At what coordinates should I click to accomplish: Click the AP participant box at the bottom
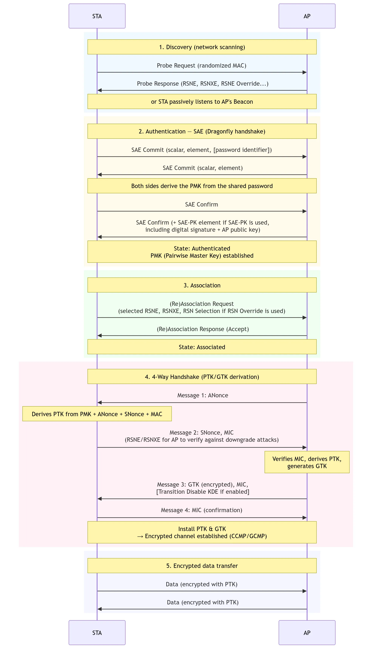tap(307, 633)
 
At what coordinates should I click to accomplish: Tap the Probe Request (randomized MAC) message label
tap(202, 66)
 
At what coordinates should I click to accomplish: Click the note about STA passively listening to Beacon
tap(202, 101)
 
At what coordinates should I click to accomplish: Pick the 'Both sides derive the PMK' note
tap(202, 186)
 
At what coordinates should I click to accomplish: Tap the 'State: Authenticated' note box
tap(202, 252)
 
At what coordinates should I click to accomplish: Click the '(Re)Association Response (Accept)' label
tap(203, 329)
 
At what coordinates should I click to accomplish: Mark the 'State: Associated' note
tap(202, 347)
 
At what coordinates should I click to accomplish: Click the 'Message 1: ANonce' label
tap(203, 395)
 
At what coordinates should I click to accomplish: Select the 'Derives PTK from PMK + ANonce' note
tap(97, 414)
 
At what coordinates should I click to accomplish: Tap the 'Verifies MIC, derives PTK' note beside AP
tap(307, 462)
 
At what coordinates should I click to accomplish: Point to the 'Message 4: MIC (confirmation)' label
tap(202, 510)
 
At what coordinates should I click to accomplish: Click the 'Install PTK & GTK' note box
tap(202, 532)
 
